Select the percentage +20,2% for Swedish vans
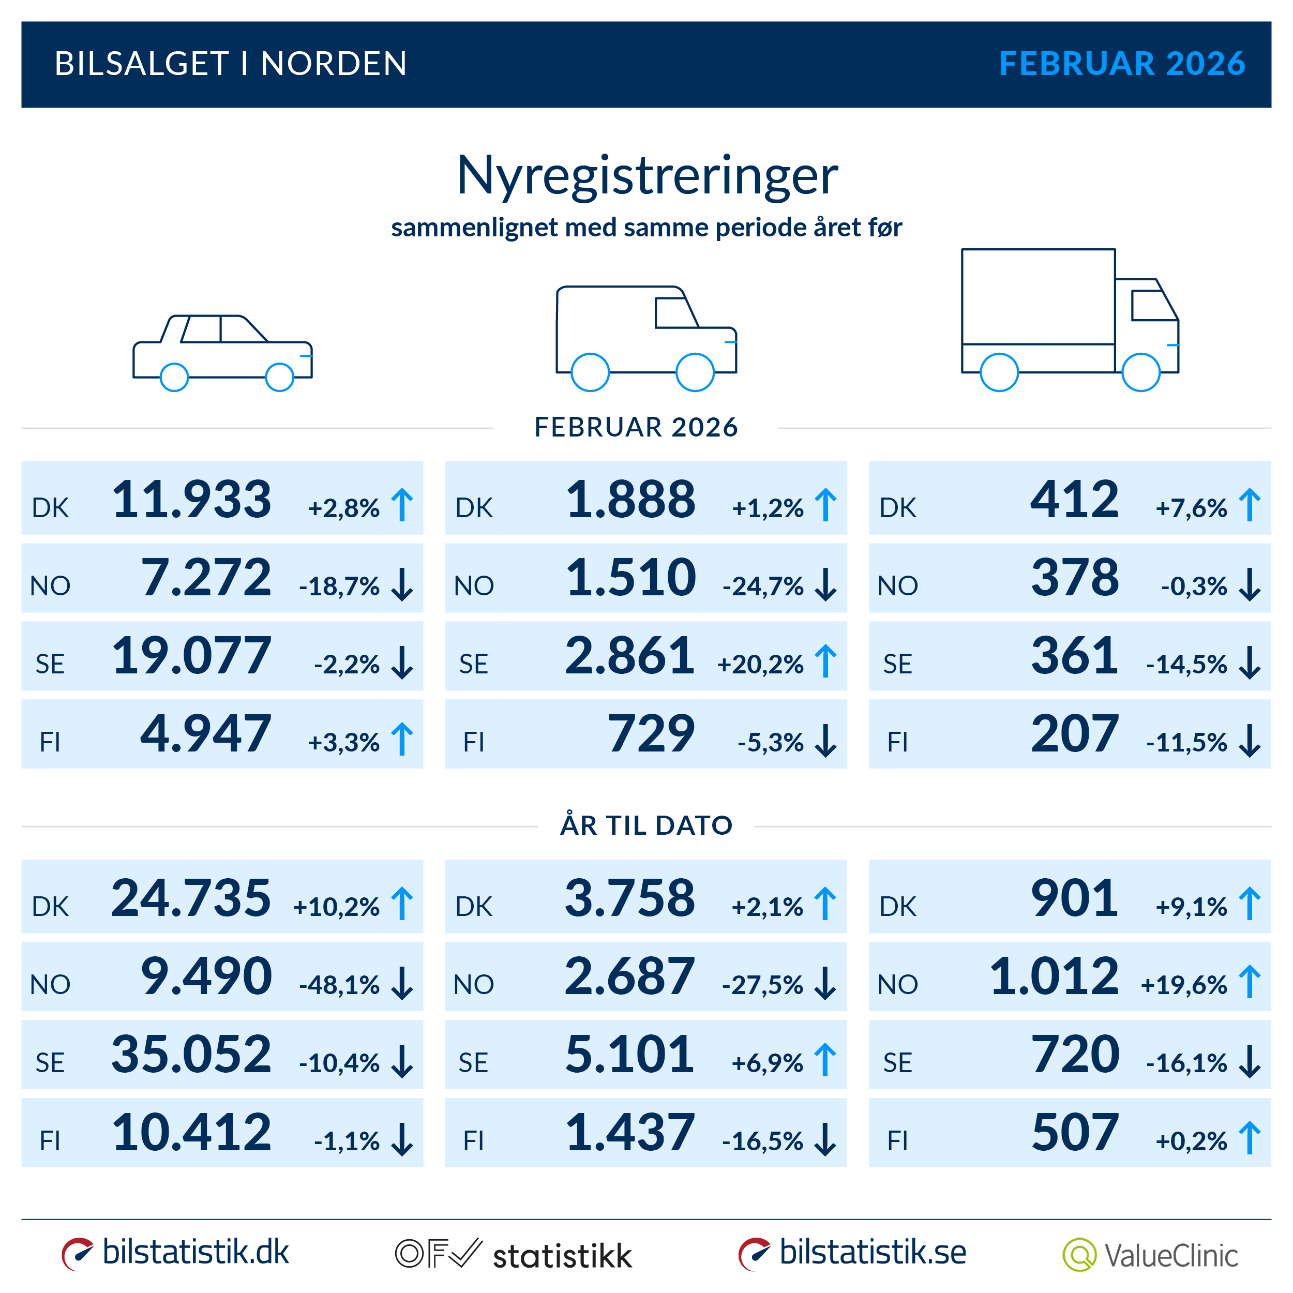(760, 665)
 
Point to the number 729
(651, 734)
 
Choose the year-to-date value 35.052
(191, 1055)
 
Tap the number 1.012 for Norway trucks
(1054, 976)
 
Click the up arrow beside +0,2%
(1249, 1138)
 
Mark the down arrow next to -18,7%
(402, 585)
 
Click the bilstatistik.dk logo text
(196, 1252)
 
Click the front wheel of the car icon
(280, 378)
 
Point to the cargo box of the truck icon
(1038, 297)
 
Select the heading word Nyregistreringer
(646, 175)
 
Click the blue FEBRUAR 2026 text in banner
(1122, 64)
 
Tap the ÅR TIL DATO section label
(646, 825)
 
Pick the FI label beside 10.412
(50, 1141)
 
